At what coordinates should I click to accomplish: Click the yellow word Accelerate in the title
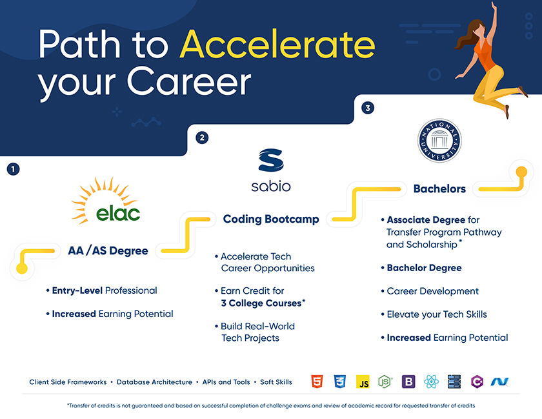tap(277, 44)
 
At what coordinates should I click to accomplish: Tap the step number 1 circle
tap(13, 169)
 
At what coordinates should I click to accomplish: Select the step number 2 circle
tap(202, 138)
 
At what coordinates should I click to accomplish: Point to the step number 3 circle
tap(368, 108)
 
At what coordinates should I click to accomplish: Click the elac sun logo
tap(105, 201)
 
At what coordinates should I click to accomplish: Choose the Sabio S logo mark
tap(271, 160)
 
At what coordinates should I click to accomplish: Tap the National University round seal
tap(439, 141)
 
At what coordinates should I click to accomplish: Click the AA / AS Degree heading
tap(108, 250)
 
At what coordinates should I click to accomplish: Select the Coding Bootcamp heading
tap(271, 219)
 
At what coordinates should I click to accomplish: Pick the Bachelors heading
tap(439, 189)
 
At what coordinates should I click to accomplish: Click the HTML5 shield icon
tap(317, 382)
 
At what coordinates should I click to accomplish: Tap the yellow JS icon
tap(363, 382)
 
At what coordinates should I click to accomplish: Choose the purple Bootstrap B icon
tap(408, 382)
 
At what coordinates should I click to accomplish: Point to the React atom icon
tap(431, 382)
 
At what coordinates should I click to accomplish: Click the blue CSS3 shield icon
tap(340, 382)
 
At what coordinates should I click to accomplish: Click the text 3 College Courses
tap(261, 303)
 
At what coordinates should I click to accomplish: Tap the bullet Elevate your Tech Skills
tap(437, 314)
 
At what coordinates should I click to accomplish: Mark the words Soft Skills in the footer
tap(276, 382)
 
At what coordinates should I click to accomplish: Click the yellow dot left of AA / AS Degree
tap(22, 268)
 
